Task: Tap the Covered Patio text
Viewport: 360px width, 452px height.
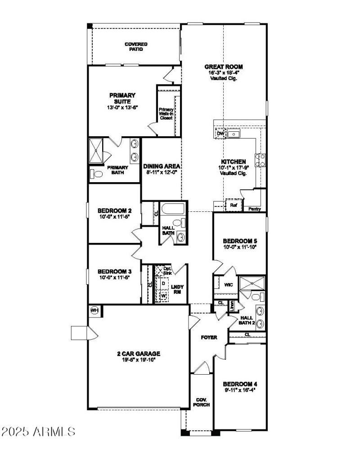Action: pyautogui.click(x=136, y=47)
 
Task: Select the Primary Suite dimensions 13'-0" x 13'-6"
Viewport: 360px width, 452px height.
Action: pyautogui.click(x=122, y=107)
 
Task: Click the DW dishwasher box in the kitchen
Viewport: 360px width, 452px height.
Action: pyautogui.click(x=220, y=134)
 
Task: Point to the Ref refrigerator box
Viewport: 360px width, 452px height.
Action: pyautogui.click(x=234, y=205)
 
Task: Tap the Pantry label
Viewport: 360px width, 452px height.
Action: pyautogui.click(x=255, y=209)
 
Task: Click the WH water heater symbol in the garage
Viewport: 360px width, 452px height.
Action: pyautogui.click(x=95, y=310)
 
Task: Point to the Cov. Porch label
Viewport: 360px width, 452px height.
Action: pyautogui.click(x=201, y=402)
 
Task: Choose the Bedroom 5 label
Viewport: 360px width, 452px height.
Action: pyautogui.click(x=239, y=241)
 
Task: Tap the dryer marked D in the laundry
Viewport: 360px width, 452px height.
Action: pyautogui.click(x=163, y=283)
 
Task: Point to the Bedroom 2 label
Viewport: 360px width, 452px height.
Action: pyautogui.click(x=115, y=210)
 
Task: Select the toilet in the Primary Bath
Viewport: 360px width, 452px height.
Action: pyautogui.click(x=94, y=174)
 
